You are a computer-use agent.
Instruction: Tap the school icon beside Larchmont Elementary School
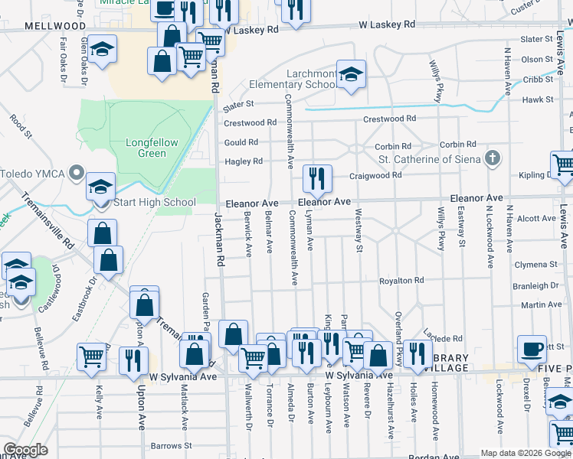tap(352, 74)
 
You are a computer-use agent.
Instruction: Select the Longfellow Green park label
tap(147, 148)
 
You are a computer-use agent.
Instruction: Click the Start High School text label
tap(154, 203)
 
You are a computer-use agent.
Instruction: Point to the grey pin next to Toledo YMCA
tap(75, 173)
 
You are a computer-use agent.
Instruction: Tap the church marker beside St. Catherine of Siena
tap(493, 159)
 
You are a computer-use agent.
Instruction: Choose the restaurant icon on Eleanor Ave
tap(317, 179)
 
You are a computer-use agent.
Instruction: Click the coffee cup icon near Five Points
tap(532, 349)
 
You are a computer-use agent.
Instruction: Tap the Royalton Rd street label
tap(401, 281)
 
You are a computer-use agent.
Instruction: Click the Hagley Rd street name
tap(244, 161)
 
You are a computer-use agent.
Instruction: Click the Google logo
tap(25, 450)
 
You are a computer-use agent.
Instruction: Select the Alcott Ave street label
tap(536, 219)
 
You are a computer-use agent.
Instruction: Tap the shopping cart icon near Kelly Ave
tap(91, 356)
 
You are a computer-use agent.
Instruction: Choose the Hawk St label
tap(537, 99)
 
